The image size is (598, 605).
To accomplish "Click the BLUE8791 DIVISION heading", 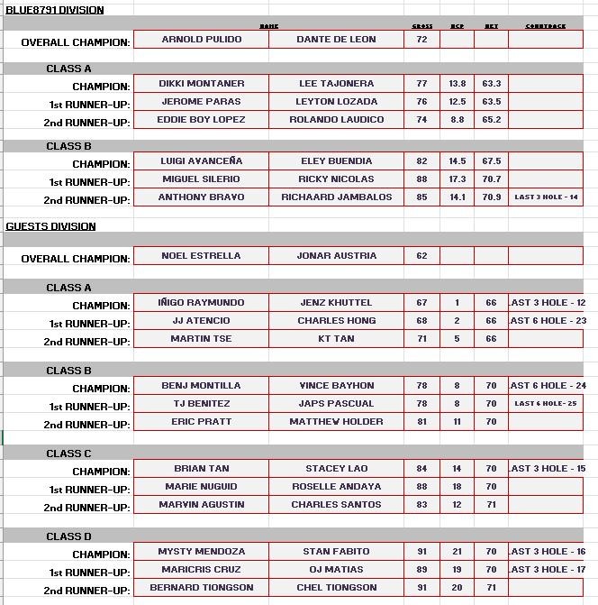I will click(x=55, y=10).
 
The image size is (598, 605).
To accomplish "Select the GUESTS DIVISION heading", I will click(x=51, y=226).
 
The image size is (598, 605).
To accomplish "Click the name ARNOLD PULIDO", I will click(x=201, y=40).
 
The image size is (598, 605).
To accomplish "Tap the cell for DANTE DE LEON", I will click(x=336, y=40).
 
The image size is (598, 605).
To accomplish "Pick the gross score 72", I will click(x=421, y=40).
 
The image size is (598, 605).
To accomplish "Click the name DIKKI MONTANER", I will click(x=201, y=84).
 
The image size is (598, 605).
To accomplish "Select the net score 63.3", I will click(x=491, y=84).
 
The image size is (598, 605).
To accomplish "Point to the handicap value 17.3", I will click(x=458, y=179).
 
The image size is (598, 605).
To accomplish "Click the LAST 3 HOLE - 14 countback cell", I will click(x=546, y=197).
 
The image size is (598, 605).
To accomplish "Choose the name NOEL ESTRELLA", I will click(x=201, y=256).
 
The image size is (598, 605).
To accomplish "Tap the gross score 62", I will click(x=421, y=256).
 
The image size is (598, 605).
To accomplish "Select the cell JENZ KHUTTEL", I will click(x=336, y=303).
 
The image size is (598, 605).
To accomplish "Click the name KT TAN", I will click(x=336, y=339).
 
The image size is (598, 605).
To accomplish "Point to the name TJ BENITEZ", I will click(x=201, y=404).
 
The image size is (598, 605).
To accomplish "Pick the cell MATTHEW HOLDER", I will click(x=336, y=422).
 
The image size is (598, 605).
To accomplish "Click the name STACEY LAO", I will click(x=336, y=469).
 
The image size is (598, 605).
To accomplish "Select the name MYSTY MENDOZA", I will click(x=201, y=552).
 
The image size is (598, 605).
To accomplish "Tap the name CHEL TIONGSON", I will click(x=336, y=588).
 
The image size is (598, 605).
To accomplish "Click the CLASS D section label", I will click(x=69, y=536).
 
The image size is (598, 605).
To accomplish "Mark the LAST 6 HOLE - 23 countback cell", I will click(x=547, y=321).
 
